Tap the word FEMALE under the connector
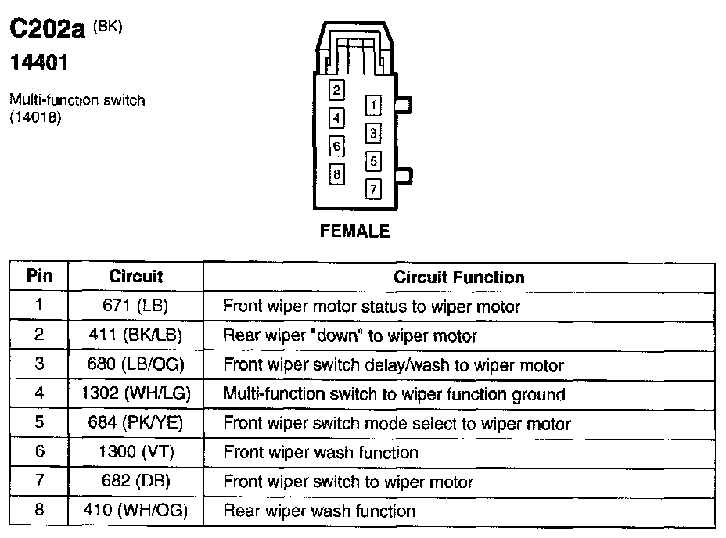(x=354, y=231)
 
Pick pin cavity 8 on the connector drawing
(x=336, y=174)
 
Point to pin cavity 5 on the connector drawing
(x=374, y=161)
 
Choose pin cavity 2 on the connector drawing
(x=336, y=90)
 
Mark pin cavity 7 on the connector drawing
(x=374, y=188)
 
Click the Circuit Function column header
(x=458, y=277)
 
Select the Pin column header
(x=39, y=276)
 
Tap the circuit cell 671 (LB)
(x=135, y=306)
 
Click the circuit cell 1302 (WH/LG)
(x=135, y=394)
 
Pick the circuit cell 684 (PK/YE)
(x=135, y=424)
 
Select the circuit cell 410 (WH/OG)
(x=135, y=511)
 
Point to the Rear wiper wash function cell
(x=319, y=511)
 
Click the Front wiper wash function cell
(x=321, y=453)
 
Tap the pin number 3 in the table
(x=39, y=364)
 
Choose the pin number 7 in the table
(x=39, y=482)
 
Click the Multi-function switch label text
(x=77, y=100)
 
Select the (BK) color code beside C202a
(x=108, y=26)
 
